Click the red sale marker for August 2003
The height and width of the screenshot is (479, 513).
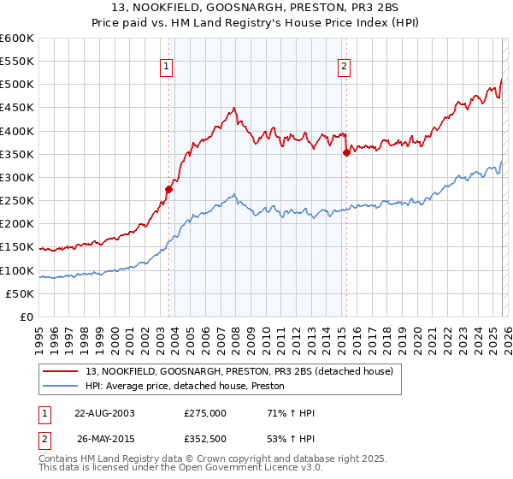pyautogui.click(x=169, y=190)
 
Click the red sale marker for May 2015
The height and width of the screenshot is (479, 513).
pyautogui.click(x=346, y=154)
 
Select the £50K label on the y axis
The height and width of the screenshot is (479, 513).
pyautogui.click(x=21, y=293)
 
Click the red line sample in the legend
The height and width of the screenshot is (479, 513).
pyautogui.click(x=61, y=371)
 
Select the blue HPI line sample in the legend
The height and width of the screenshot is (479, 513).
pyautogui.click(x=61, y=387)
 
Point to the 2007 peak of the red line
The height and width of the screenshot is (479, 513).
pyautogui.click(x=233, y=108)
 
